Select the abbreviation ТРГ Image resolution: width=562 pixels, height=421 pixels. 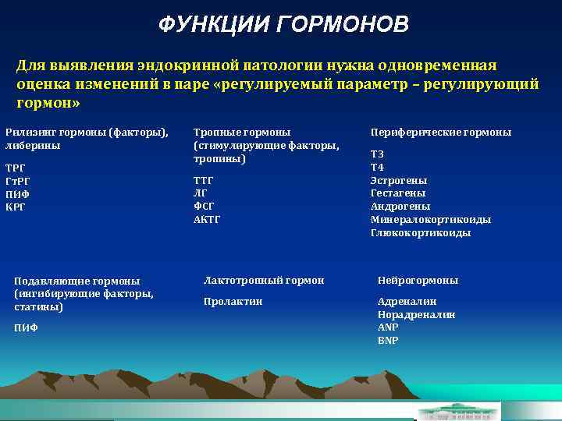(x=16, y=168)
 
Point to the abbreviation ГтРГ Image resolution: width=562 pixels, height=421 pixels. (x=18, y=181)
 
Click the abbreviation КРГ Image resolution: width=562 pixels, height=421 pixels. (x=16, y=207)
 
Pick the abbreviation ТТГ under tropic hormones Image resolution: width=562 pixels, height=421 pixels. (x=204, y=181)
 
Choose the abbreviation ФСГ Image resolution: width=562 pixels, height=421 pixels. (x=204, y=207)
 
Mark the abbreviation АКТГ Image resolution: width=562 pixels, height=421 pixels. (x=207, y=220)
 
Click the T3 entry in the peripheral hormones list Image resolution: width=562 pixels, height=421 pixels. (x=377, y=154)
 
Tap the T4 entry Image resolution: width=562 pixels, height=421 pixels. (x=377, y=168)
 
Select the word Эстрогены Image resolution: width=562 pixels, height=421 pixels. (x=398, y=181)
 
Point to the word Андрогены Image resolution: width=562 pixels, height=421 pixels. (x=400, y=207)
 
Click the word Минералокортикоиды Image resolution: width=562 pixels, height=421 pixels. (x=430, y=220)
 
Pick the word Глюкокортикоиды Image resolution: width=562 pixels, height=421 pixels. (x=420, y=233)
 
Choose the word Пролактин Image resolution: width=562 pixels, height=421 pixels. (x=233, y=302)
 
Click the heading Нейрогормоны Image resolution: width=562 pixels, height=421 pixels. (x=418, y=281)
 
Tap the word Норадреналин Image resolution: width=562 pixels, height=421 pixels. (x=416, y=315)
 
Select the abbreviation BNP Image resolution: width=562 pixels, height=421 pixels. (x=387, y=341)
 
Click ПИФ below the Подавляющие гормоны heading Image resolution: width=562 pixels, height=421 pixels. (x=26, y=328)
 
